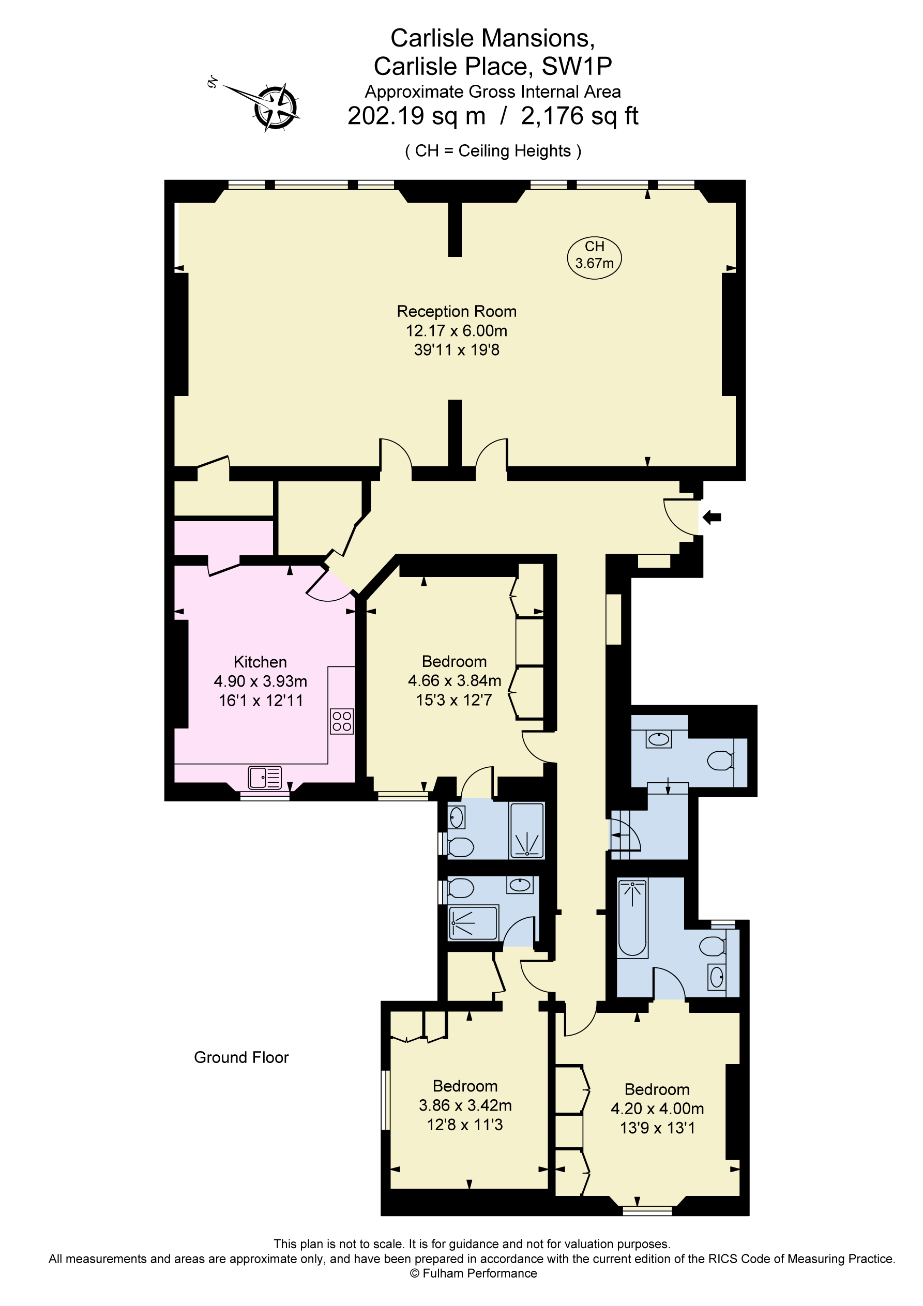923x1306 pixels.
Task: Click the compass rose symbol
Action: click(x=276, y=107)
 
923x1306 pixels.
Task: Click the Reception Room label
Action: click(x=457, y=311)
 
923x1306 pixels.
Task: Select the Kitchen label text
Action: click(x=260, y=662)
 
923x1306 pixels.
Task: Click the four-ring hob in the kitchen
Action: click(x=342, y=721)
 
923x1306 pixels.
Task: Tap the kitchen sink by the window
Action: click(x=265, y=777)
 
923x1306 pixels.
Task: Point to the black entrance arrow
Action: click(x=712, y=517)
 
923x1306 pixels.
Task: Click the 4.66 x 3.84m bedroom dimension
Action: click(x=454, y=680)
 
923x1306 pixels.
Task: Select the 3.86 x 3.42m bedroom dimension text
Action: click(x=465, y=1105)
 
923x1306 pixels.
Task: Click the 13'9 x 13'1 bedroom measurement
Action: click(x=657, y=1128)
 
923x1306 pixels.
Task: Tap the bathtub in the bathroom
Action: click(x=632, y=917)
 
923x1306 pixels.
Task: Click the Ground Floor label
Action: click(x=241, y=1057)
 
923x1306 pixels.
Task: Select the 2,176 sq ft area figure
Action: click(x=579, y=116)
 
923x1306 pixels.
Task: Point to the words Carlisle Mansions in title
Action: click(x=492, y=38)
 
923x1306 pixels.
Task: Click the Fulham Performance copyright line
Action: click(x=473, y=1273)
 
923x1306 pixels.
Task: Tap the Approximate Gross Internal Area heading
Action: click(x=492, y=92)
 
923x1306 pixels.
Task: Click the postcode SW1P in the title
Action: click(x=577, y=67)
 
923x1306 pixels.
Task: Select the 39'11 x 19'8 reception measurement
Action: click(x=457, y=350)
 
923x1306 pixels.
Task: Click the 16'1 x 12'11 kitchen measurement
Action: click(x=261, y=700)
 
